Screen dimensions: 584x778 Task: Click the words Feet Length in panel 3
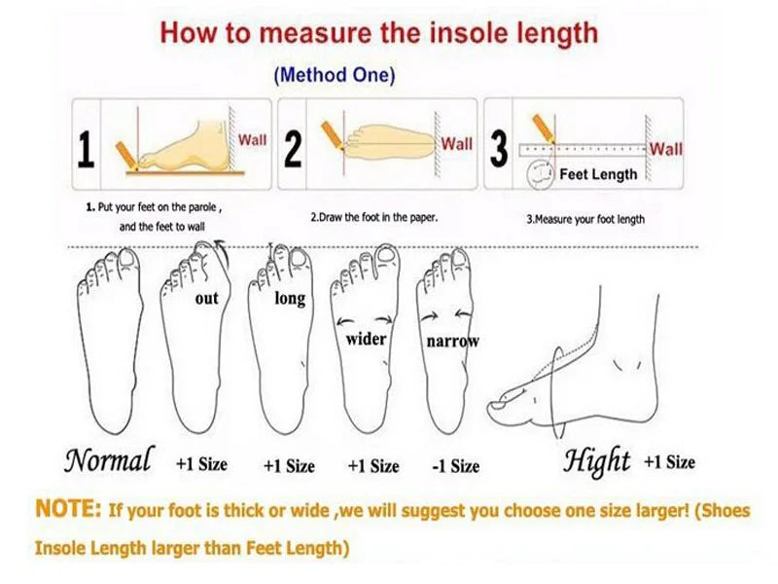point(599,175)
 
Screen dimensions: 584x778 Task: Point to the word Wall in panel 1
point(252,140)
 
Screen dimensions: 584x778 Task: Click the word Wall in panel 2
point(457,144)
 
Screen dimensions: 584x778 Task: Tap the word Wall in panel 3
point(666,149)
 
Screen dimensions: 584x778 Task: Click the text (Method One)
point(335,75)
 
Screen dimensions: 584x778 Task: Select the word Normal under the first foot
point(109,458)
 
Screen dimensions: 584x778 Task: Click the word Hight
point(596,459)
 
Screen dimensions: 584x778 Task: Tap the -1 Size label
point(455,466)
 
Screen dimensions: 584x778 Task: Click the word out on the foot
point(207,299)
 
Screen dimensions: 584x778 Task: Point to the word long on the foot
point(290,299)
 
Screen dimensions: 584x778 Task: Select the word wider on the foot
point(366,340)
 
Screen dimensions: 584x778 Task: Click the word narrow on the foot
point(453,342)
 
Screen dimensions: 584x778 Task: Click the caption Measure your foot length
point(585,219)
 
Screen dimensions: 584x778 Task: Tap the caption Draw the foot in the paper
point(373,217)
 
